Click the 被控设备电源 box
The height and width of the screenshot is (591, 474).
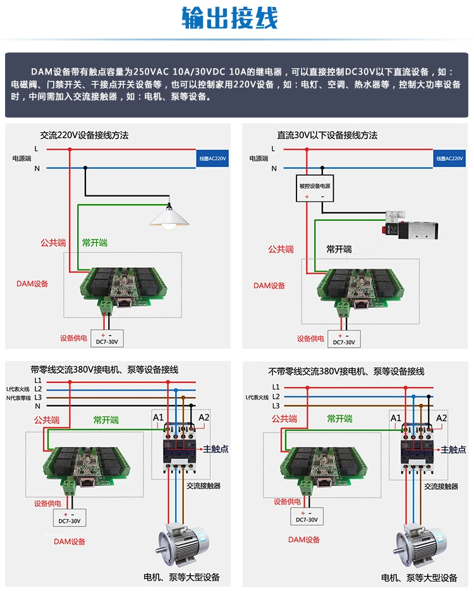click(x=314, y=186)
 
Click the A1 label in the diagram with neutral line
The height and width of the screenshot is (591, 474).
click(x=158, y=417)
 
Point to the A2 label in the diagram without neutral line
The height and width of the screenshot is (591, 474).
click(x=442, y=418)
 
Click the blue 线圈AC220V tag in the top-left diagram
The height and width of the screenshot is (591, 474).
click(x=212, y=159)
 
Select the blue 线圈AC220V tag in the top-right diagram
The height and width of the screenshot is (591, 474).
click(x=450, y=159)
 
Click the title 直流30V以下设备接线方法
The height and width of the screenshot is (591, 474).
click(x=327, y=135)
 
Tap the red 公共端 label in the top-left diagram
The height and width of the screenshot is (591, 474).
click(x=53, y=243)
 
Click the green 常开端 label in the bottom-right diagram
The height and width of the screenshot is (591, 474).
click(x=340, y=418)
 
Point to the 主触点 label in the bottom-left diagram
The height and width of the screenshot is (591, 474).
click(x=216, y=449)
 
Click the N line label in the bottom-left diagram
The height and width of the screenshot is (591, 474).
click(x=37, y=406)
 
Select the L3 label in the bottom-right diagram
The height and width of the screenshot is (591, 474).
click(x=276, y=406)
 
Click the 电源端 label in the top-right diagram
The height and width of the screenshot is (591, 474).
click(x=258, y=159)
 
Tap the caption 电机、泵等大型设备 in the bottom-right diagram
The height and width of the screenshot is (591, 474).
click(x=419, y=578)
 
